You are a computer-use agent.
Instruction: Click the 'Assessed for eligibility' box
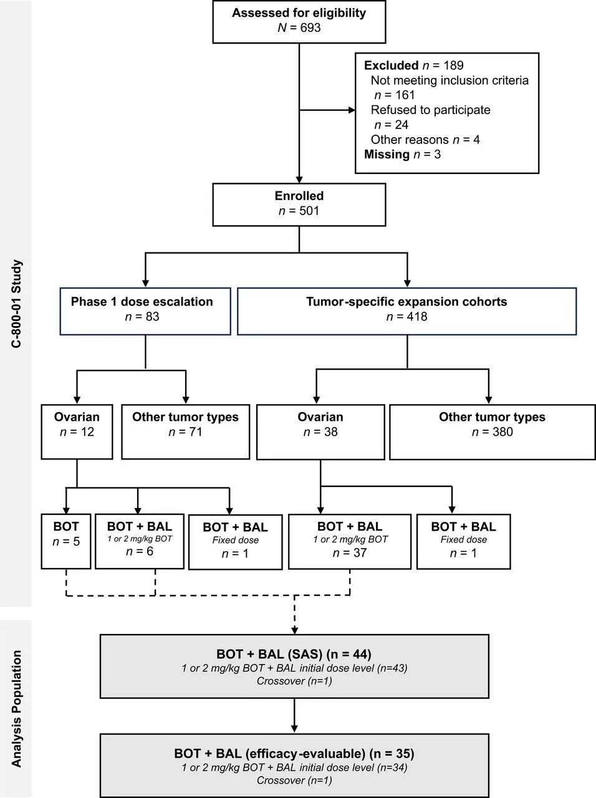point(299,21)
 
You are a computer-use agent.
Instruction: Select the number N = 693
point(299,28)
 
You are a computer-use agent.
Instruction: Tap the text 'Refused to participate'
point(430,110)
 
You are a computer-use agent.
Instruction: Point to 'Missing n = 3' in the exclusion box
point(402,155)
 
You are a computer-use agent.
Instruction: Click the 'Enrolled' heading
point(299,196)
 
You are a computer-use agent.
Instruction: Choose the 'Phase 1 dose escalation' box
point(145,310)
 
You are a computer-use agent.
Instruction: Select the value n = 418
point(406,317)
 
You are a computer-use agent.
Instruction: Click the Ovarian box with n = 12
point(77,431)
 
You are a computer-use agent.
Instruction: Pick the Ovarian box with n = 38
point(320,431)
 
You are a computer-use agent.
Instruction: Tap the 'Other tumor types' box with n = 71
point(185,431)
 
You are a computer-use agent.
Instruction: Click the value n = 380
point(492,432)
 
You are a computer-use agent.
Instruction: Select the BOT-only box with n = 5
point(65,541)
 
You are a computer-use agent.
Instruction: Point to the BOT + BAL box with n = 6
point(139,540)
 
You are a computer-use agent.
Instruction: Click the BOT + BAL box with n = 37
point(349,541)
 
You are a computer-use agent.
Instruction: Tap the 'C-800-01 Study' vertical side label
point(17,304)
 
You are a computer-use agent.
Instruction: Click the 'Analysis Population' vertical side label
point(17,709)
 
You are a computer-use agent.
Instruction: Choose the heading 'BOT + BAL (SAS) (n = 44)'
point(294,654)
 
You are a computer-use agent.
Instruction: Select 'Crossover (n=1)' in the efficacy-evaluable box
point(294,781)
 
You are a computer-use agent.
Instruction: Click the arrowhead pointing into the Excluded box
point(352,110)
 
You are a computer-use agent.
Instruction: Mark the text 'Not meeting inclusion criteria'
point(449,80)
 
